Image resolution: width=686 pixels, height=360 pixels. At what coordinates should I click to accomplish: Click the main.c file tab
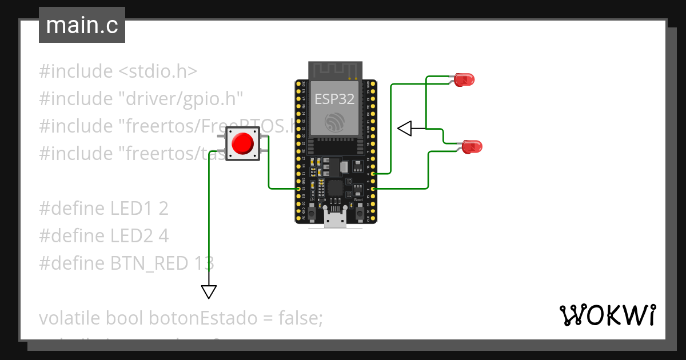[81, 26]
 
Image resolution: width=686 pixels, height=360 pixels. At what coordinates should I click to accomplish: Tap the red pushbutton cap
[243, 143]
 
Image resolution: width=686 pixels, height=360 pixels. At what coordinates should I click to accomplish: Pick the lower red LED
[472, 146]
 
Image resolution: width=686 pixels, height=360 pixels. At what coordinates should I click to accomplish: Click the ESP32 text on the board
[334, 99]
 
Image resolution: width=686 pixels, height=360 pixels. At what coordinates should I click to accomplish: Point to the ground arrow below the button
[209, 291]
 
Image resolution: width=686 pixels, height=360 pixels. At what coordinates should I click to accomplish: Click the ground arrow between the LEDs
[405, 129]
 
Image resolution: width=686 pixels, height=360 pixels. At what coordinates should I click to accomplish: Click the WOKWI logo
[607, 315]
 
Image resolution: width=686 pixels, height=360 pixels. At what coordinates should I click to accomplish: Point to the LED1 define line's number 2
[163, 209]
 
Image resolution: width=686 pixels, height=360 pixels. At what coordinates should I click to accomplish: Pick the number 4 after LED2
[163, 236]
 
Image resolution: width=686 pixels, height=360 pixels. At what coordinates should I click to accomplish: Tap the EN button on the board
[312, 214]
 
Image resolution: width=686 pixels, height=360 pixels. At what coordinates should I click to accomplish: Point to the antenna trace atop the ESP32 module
[334, 70]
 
